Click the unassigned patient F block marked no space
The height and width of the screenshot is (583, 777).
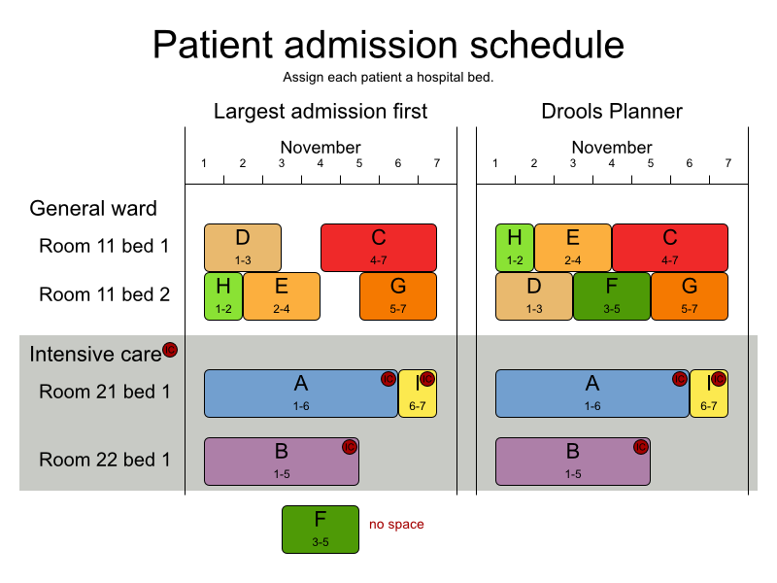tap(320, 530)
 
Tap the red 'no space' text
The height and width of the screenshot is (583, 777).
tap(396, 525)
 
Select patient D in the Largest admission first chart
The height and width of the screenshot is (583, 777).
tap(242, 247)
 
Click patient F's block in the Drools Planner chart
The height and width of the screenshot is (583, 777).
tap(611, 295)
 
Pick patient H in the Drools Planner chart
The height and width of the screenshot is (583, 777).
tap(514, 247)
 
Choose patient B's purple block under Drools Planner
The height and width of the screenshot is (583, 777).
tap(572, 461)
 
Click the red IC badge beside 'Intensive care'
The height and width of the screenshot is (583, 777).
tap(170, 350)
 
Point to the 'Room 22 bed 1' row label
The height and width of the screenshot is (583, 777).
tap(105, 460)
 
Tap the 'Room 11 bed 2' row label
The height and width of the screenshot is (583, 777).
tap(105, 294)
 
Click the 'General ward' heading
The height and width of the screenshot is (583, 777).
tap(93, 208)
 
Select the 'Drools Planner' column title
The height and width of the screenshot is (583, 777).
tap(612, 111)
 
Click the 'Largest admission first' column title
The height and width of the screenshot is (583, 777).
tap(321, 111)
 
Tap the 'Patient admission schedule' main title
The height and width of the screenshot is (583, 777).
tap(388, 46)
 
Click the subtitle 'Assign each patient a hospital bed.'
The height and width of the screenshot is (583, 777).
tap(388, 77)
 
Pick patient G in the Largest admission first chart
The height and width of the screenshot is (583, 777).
tap(397, 295)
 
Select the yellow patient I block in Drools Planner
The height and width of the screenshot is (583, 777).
tap(708, 393)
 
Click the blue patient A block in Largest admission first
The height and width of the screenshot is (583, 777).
tap(300, 393)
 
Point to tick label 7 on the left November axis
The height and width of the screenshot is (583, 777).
tap(437, 162)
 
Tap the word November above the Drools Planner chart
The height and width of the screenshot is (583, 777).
tap(612, 148)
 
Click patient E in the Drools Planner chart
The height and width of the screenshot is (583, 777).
tap(572, 247)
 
